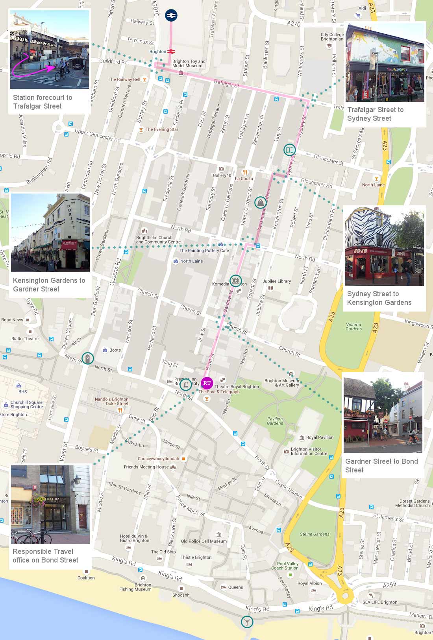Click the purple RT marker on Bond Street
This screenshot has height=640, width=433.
tap(207, 383)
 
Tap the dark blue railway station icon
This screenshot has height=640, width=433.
tap(171, 15)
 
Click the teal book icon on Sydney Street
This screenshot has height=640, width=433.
tap(289, 150)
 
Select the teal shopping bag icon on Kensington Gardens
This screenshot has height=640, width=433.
tap(260, 203)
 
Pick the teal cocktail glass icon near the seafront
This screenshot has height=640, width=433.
tap(247, 622)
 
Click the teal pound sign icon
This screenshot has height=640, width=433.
tap(186, 384)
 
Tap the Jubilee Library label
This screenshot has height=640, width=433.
tap(276, 281)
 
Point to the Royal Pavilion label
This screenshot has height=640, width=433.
tap(320, 437)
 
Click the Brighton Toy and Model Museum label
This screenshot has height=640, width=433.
tap(189, 63)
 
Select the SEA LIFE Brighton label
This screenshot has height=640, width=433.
tap(380, 602)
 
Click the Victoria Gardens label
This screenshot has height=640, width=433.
tap(353, 326)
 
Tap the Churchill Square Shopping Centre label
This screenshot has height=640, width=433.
tap(26, 404)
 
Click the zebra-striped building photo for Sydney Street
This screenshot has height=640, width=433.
tap(384, 247)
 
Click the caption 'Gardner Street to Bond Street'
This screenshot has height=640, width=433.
tap(381, 465)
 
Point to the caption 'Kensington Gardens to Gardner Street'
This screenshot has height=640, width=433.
tap(49, 284)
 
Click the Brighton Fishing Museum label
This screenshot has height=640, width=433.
tap(135, 587)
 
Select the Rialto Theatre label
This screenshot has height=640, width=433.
tap(25, 339)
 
